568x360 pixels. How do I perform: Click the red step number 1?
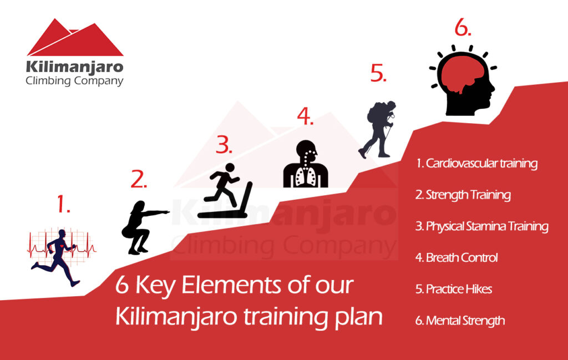click(x=63, y=205)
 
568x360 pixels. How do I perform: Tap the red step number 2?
click(x=139, y=179)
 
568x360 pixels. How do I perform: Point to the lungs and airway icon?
click(x=306, y=163)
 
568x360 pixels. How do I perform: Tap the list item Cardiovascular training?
click(x=476, y=164)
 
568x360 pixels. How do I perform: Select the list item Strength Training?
click(x=463, y=195)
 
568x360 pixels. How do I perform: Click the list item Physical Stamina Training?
click(x=481, y=226)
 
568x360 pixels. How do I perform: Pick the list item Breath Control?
click(x=457, y=257)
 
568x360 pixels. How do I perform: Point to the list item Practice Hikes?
click(x=453, y=289)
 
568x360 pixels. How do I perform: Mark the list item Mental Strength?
click(x=460, y=321)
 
